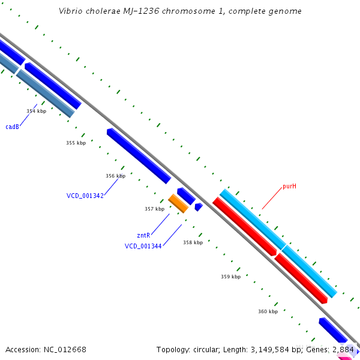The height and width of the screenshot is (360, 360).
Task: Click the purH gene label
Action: coord(290,186)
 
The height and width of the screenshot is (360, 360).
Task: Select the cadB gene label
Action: coord(12,127)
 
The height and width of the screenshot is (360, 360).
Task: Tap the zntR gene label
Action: coord(143,235)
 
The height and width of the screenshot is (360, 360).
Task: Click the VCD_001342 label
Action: coord(85,196)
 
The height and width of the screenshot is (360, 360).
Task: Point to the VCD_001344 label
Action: coord(143,246)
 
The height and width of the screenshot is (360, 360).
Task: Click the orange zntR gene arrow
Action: coord(178,203)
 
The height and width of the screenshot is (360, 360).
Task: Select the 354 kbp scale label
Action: coord(36,111)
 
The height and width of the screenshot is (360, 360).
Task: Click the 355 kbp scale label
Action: coord(76,143)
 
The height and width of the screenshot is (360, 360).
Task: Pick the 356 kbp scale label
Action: coord(115,176)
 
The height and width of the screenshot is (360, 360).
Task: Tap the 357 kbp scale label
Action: coord(154,209)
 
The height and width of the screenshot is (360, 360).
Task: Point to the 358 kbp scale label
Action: coord(193,242)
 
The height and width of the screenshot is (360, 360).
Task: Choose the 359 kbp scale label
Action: coord(230,277)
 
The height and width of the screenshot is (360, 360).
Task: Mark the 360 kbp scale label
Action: coord(268,311)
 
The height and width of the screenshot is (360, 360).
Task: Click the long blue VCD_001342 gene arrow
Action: coord(139,155)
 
